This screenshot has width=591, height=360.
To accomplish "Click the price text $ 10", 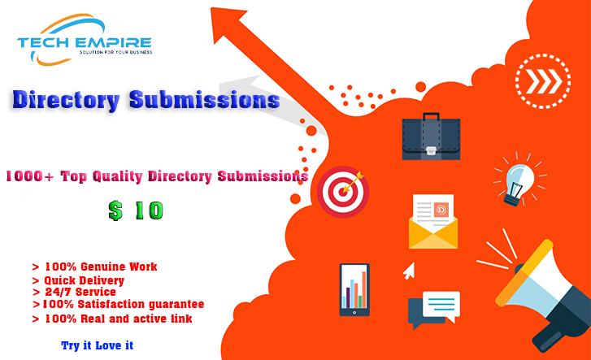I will tap(136, 210).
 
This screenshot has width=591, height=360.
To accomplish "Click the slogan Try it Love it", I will tap(98, 345).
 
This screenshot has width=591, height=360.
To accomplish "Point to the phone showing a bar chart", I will tap(354, 288).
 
